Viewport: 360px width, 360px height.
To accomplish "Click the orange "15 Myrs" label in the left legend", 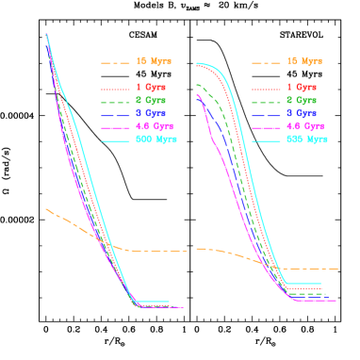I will [x=154, y=62].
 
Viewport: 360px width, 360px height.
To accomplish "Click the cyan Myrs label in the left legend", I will [x=156, y=139].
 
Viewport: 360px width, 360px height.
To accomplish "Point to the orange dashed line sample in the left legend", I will [x=115, y=63].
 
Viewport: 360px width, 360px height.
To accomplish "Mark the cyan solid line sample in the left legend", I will [x=115, y=140].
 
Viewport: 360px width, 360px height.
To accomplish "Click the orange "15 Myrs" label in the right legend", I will [x=304, y=62].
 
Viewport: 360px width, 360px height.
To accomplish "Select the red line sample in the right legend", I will [x=266, y=88].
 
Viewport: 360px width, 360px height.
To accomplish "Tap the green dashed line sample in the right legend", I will [x=266, y=101].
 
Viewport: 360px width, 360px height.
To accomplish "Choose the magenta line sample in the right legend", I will [x=266, y=127].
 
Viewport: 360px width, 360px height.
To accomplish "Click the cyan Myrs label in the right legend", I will [x=307, y=139].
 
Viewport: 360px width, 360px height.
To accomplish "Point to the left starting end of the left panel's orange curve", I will [x=46, y=209].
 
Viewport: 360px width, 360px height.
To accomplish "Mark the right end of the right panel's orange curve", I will [x=338, y=269].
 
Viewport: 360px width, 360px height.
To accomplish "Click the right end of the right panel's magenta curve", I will [x=335, y=301].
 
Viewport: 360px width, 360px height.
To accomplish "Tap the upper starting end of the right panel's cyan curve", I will [x=196, y=64].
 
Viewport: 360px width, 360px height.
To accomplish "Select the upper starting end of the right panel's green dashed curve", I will [x=196, y=85].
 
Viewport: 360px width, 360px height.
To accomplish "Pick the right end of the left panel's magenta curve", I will [x=184, y=307].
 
